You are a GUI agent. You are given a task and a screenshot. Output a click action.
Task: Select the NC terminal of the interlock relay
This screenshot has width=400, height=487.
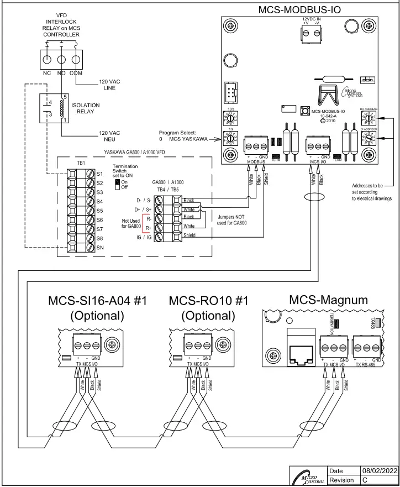(47, 72)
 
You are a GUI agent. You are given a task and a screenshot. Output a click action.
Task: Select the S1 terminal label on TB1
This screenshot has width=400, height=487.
(100, 174)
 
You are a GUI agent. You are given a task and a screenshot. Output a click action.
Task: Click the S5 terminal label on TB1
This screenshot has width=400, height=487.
(100, 211)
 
